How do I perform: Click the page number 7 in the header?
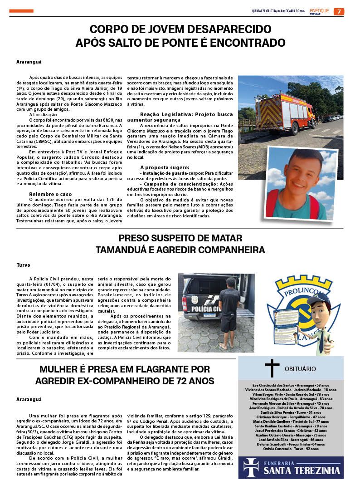[x=339, y=11]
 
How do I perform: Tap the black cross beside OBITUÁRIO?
[x=272, y=368]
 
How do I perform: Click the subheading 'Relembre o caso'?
[x=50, y=194]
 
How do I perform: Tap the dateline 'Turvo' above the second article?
[x=23, y=265]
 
